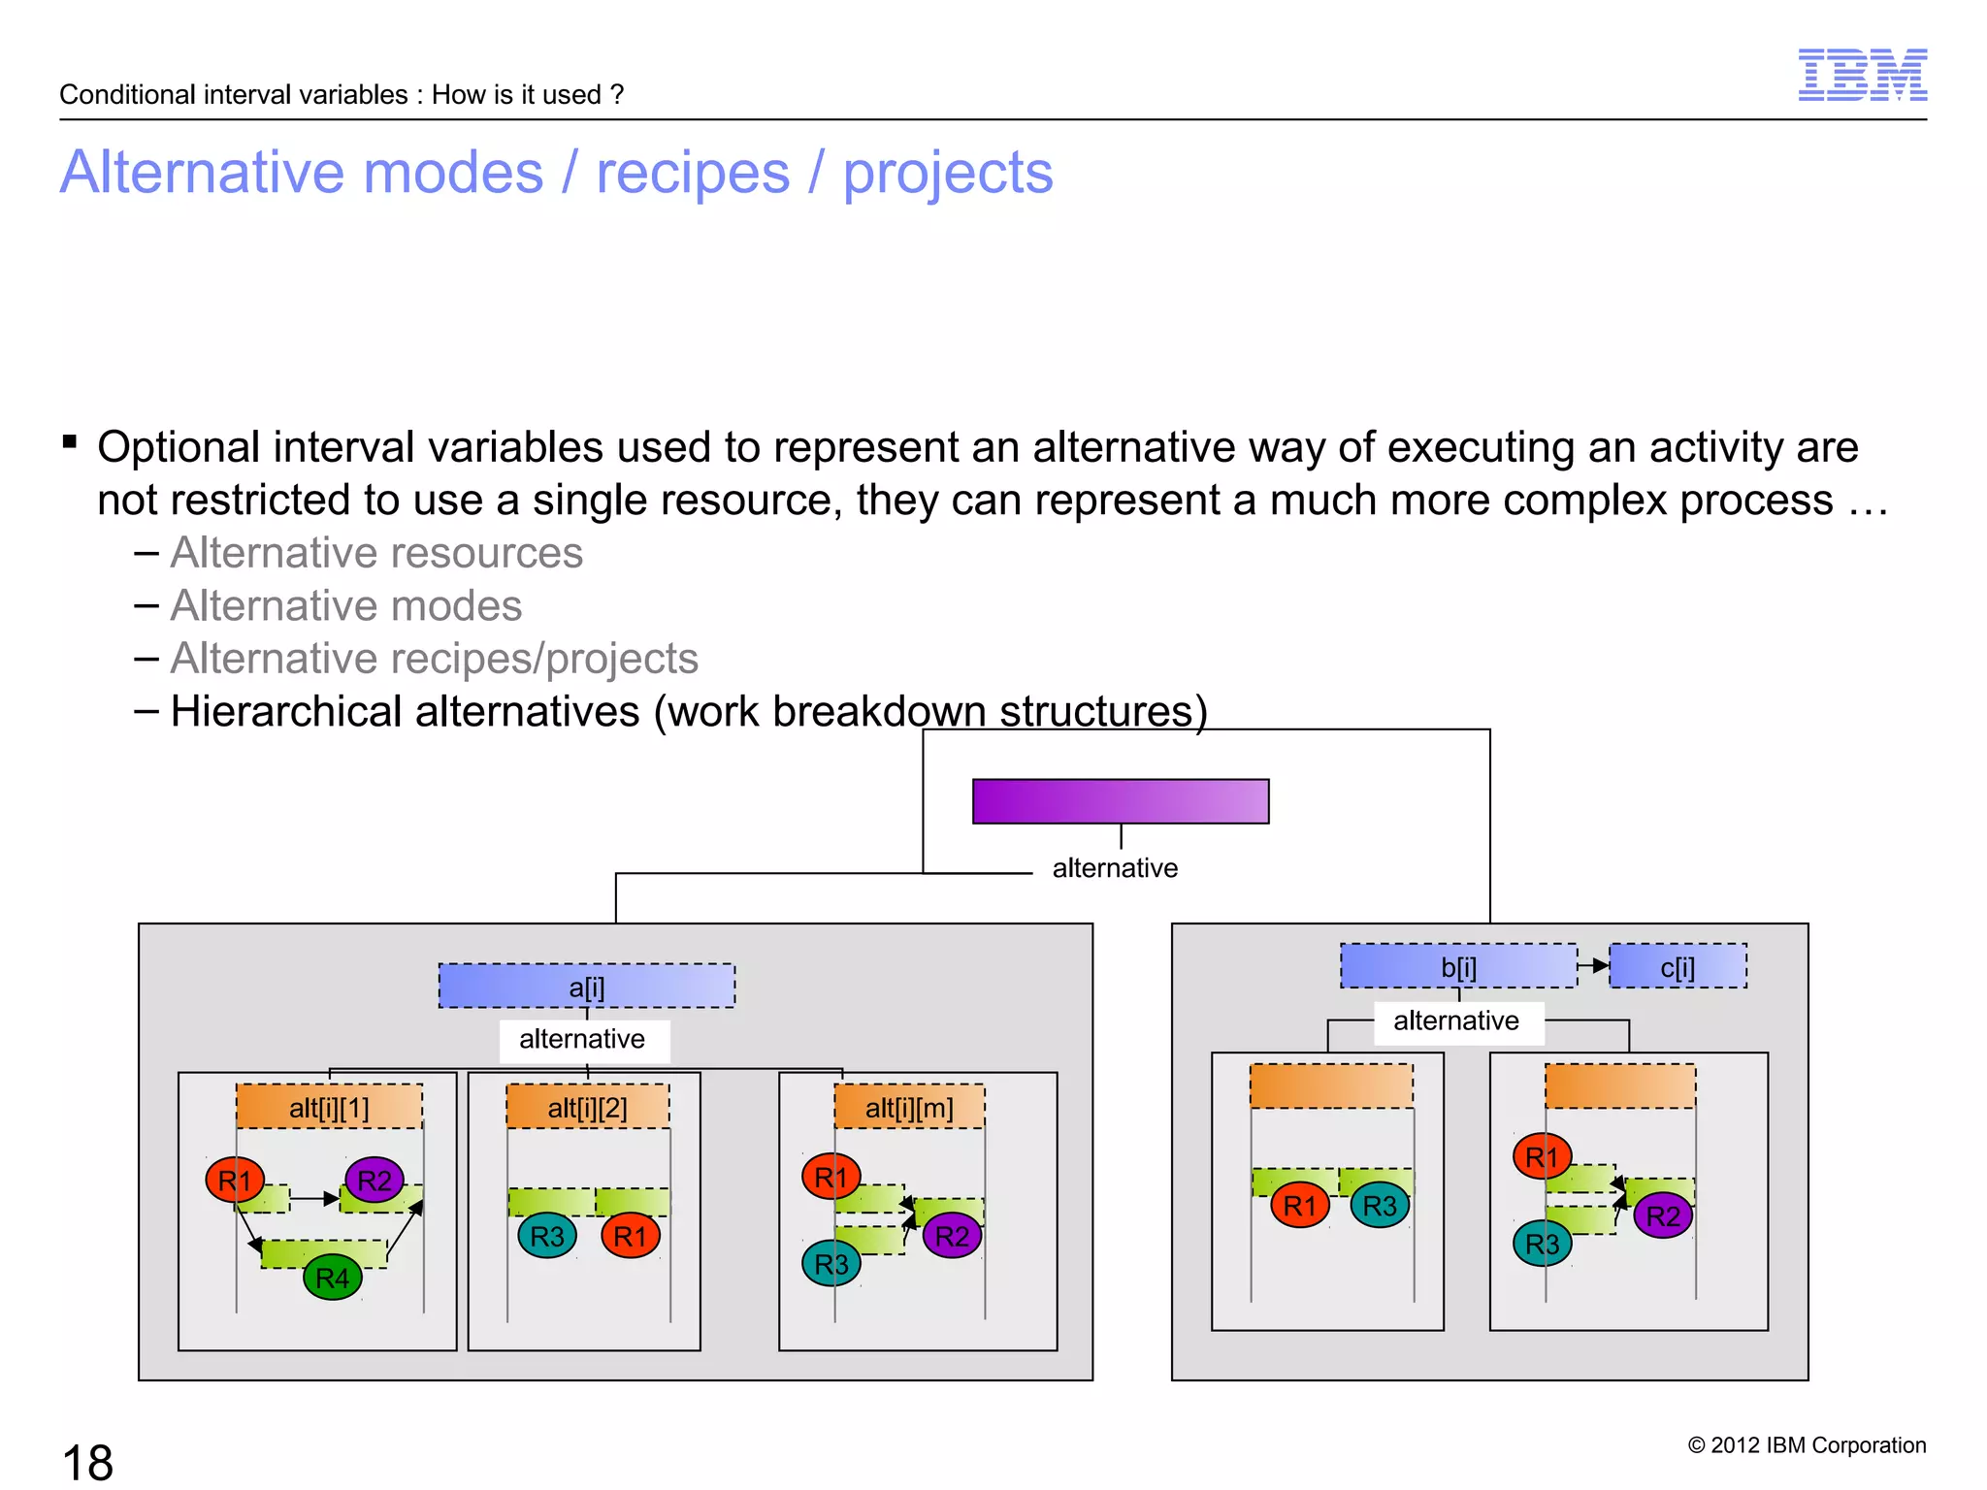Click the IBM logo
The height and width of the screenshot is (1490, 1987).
1862,75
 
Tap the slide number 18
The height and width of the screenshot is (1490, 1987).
87,1462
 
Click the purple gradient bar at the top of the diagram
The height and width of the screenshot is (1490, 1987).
1120,801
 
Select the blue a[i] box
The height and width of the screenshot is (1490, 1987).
586,986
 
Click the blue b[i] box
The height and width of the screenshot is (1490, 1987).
1457,966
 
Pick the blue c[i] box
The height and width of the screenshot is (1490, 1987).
1677,966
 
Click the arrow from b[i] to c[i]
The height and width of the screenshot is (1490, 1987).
1593,966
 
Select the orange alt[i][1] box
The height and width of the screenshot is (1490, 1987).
329,1107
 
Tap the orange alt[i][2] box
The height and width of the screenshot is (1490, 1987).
587,1107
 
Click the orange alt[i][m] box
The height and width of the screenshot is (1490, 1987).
909,1107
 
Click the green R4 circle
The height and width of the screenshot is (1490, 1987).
333,1278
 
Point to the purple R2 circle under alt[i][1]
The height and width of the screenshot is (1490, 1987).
375,1181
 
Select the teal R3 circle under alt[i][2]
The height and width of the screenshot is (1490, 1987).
547,1236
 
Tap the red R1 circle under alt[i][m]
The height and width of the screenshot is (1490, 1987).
831,1177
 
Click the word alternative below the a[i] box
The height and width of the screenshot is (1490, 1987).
582,1039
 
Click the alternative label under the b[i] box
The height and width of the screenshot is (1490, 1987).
1455,1020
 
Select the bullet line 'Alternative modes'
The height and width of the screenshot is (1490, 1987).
345,605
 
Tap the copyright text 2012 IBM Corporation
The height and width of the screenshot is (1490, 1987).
1807,1444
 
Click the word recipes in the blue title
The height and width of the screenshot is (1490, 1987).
693,173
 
